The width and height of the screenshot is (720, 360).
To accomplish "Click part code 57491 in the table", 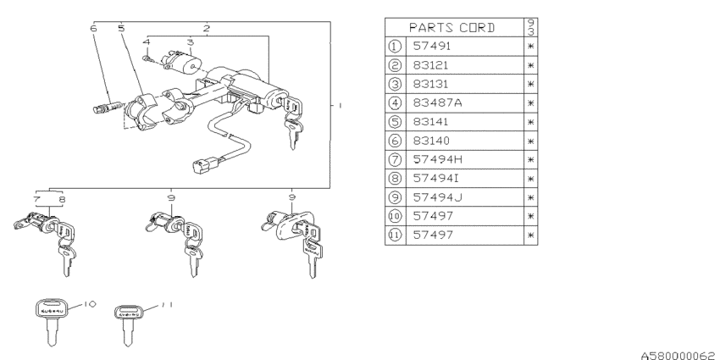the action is pos(432,46).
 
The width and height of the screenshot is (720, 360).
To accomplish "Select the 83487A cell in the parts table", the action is pos(437,102).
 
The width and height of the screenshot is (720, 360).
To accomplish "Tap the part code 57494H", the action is pos(438,159).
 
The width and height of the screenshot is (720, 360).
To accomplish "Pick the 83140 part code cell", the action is pos(431,141).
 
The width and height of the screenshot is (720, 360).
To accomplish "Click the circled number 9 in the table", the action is pos(395,197).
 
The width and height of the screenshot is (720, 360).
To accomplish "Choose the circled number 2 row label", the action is pos(395,65).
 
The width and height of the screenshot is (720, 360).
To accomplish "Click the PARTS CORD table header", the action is pos(451,28).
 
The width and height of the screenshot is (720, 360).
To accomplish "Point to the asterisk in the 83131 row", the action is pos(530,84).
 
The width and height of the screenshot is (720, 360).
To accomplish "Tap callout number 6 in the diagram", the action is pos(94,29).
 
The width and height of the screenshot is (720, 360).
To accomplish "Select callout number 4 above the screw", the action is pos(147,42).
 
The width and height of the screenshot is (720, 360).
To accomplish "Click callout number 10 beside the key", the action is pos(90,304).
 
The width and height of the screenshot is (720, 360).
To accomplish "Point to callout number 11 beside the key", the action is pos(167,304).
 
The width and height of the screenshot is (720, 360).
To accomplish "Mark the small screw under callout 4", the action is pos(147,58).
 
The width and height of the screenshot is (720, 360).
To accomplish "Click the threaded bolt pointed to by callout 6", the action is pos(108,107).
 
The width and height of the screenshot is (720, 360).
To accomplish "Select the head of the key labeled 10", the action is pos(51,308).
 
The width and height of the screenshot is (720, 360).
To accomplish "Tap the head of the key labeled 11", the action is pos(129,313).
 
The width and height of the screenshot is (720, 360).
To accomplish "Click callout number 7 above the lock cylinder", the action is pos(36,200).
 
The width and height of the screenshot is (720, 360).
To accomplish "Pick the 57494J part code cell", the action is pos(437,197).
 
